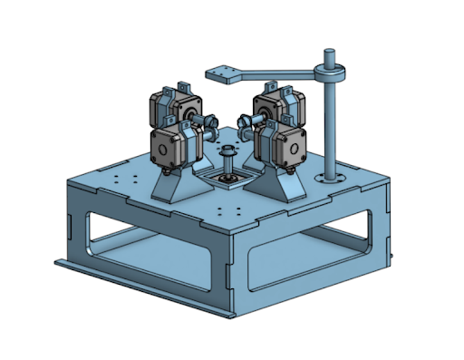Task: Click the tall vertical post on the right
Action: coord(332,127)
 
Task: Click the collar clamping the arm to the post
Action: coord(331,72)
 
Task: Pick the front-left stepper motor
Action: coord(171,145)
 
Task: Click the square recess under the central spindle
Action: coord(227,180)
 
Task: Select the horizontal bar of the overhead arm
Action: coord(281,72)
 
